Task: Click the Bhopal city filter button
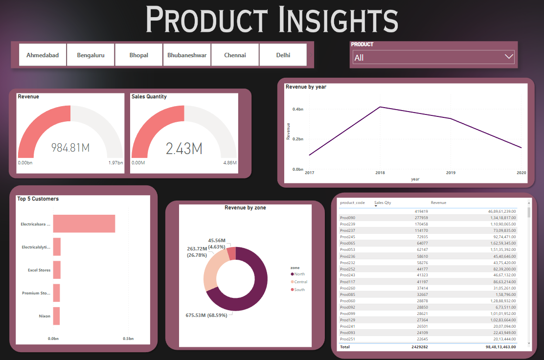(138, 55)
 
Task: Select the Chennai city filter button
(235, 55)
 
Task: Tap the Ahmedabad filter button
(43, 55)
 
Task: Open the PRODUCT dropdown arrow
(508, 57)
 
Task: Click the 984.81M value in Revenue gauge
(70, 148)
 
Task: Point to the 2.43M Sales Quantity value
(184, 149)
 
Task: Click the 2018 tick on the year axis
(380, 173)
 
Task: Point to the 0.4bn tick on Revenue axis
(297, 109)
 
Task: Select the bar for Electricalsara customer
(84, 224)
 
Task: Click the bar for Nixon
(56, 316)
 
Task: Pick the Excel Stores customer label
(39, 270)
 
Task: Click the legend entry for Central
(300, 282)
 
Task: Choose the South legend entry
(299, 290)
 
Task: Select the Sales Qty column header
(383, 202)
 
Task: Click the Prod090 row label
(347, 218)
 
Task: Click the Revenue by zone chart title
(245, 208)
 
